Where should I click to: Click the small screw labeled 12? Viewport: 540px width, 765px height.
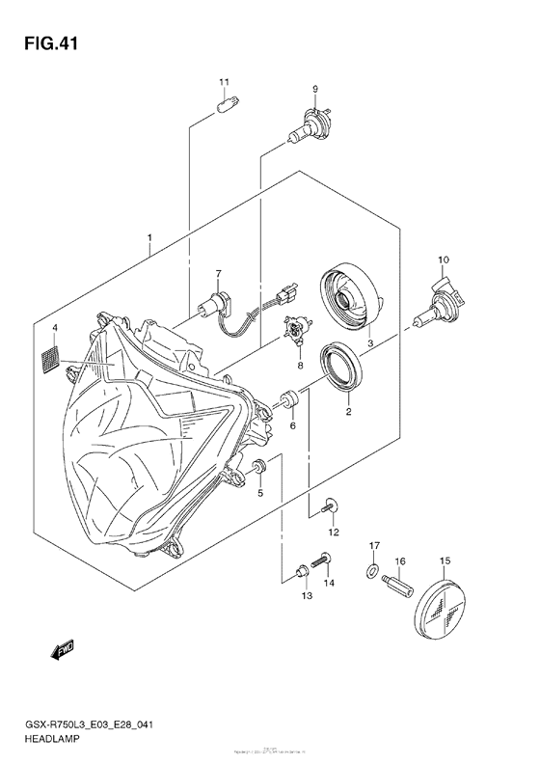click(x=331, y=505)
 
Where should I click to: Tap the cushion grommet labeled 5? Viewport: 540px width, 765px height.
click(x=259, y=469)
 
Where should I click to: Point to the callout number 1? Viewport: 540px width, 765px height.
click(x=148, y=237)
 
